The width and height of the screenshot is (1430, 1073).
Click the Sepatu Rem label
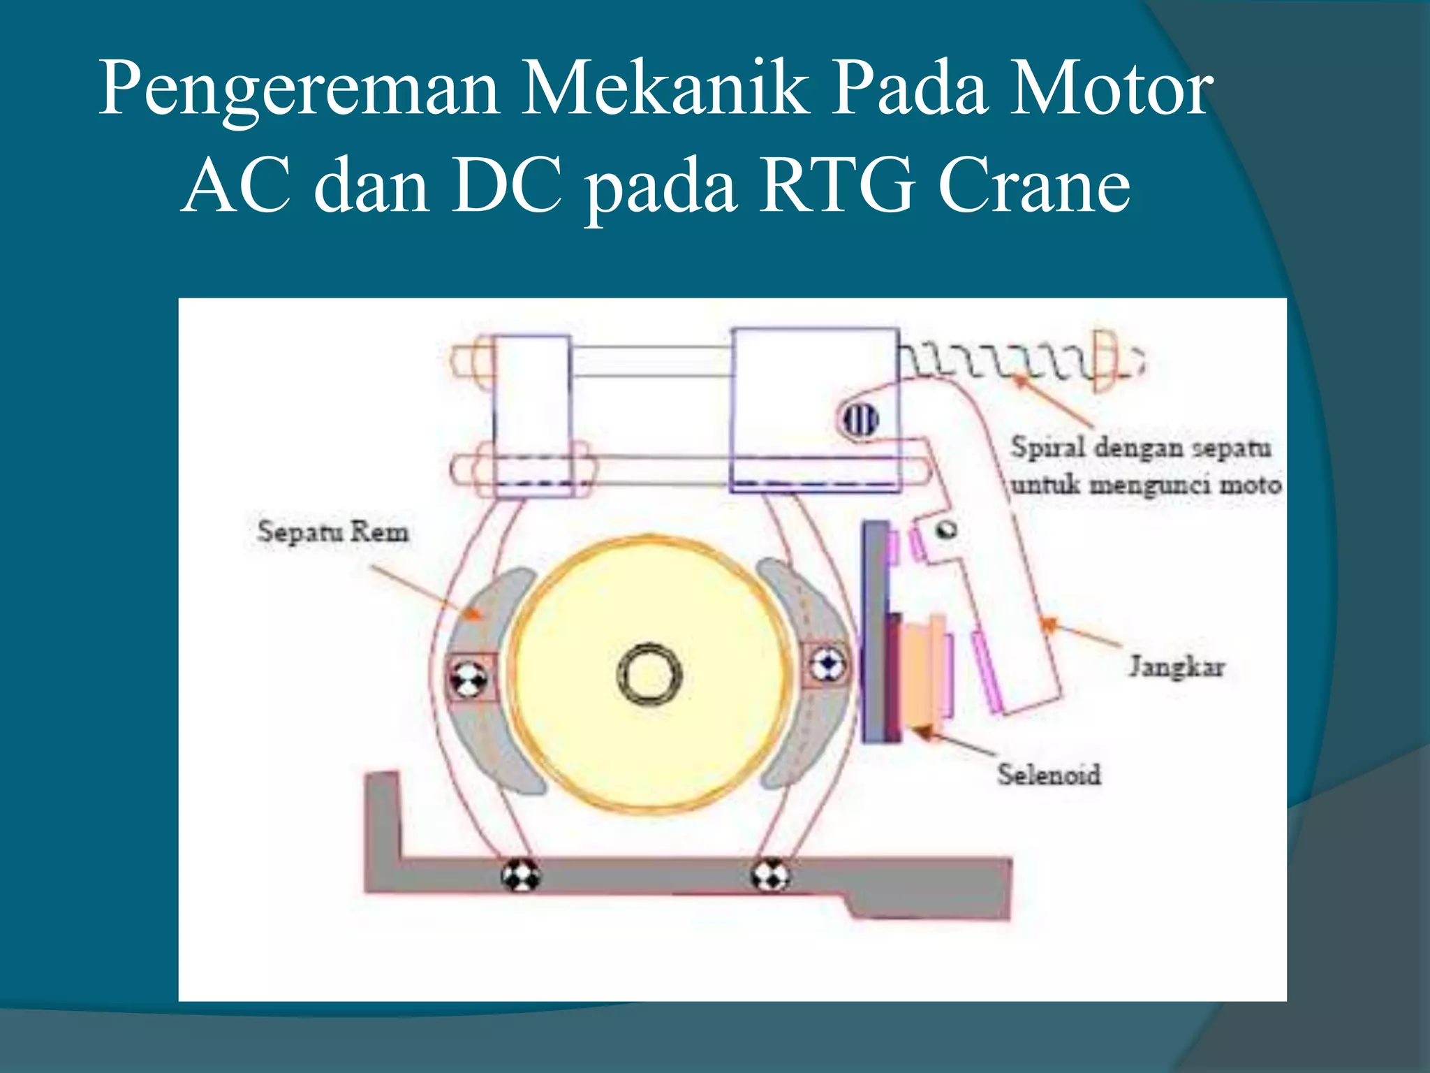click(332, 532)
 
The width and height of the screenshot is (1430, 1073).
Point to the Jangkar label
click(1177, 666)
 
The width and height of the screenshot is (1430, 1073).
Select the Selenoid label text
click(1049, 775)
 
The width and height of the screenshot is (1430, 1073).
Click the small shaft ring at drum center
click(650, 675)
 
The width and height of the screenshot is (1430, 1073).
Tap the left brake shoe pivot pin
click(469, 677)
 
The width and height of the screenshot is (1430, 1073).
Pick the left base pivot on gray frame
click(520, 875)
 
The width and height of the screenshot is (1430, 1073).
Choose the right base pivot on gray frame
click(770, 875)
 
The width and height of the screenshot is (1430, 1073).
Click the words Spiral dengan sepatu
click(1140, 448)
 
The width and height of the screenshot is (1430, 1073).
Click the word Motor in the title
click(1110, 89)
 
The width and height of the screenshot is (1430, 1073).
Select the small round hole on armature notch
click(947, 530)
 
